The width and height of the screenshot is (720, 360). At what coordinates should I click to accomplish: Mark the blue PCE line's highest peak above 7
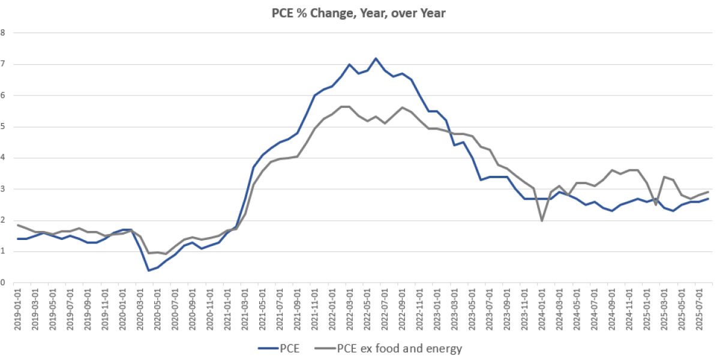376,58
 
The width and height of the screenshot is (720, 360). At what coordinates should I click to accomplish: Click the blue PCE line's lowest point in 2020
149,270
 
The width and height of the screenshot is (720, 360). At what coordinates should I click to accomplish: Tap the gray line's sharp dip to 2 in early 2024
542,220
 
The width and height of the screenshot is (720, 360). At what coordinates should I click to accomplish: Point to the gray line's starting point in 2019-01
19,225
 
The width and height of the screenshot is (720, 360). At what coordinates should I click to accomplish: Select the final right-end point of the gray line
708,191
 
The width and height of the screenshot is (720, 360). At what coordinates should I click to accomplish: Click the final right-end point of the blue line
708,199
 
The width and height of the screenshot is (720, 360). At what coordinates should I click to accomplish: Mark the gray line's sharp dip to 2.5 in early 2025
655,205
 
